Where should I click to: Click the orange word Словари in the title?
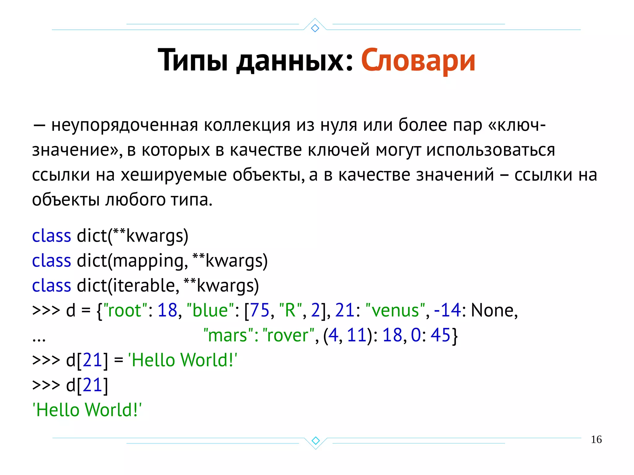tap(418, 60)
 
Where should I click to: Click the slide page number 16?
tap(596, 439)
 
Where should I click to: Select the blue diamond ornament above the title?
tap(315, 28)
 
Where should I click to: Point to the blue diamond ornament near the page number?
tap(315, 440)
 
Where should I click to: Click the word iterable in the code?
tap(144, 285)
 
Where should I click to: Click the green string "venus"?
tap(395, 310)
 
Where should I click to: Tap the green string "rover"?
tap(288, 335)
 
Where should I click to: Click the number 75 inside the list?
tap(260, 310)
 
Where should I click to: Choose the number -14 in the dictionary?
tap(447, 310)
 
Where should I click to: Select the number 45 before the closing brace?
tap(440, 335)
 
